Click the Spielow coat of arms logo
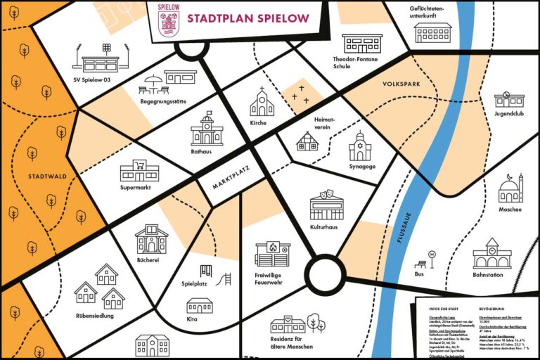pos(168,19)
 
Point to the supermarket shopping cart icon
pos(139,170)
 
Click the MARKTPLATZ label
pos(228,181)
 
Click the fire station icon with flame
pos(272,253)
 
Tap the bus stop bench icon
pos(421,264)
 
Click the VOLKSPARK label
pos(401,84)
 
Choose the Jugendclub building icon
pos(509,100)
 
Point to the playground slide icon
pos(226,280)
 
